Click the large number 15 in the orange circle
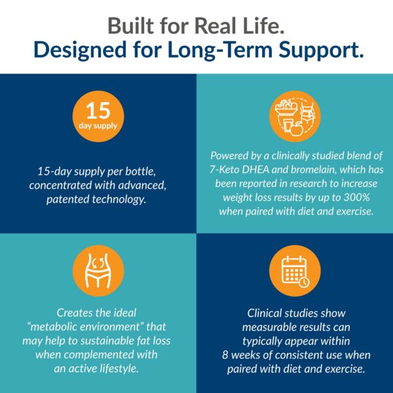click(98, 111)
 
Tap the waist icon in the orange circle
click(98, 271)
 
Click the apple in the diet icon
click(297, 129)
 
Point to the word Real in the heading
click(217, 26)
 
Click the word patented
click(67, 200)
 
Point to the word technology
click(119, 200)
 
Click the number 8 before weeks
click(225, 355)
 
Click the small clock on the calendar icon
click(304, 282)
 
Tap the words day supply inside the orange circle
click(98, 126)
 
